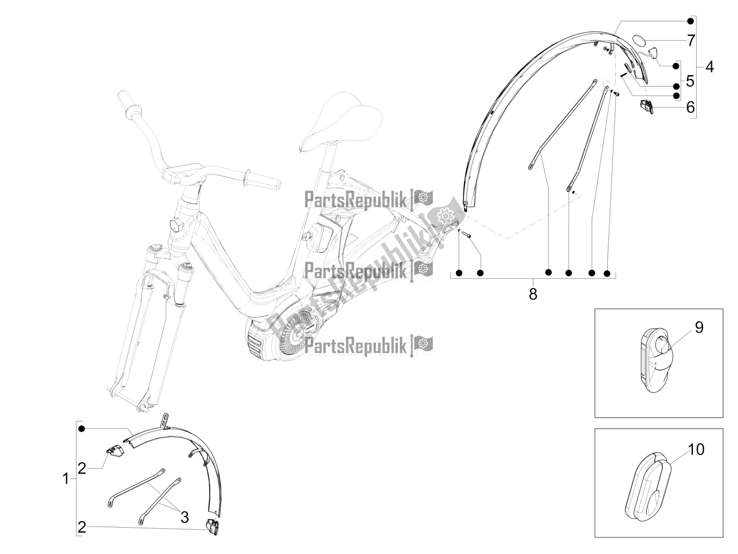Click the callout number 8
(x=533, y=294)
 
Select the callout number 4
(x=709, y=67)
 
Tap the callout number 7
(x=690, y=41)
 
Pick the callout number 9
(x=699, y=328)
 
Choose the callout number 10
(x=696, y=449)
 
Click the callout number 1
(x=65, y=480)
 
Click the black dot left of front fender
(x=82, y=429)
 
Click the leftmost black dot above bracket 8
(x=459, y=273)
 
